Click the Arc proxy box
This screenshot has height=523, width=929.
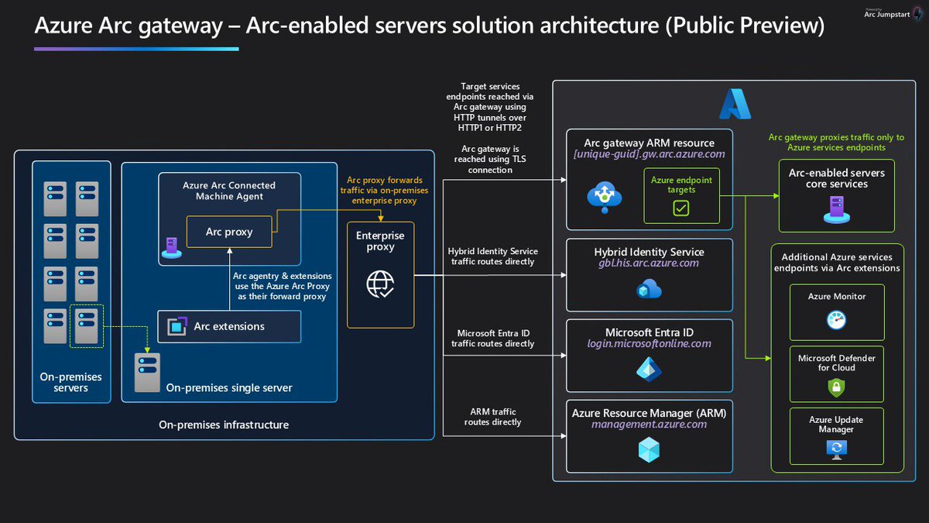click(x=229, y=232)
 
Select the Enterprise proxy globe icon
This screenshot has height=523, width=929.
click(x=380, y=284)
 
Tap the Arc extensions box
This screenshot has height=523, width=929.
click(x=229, y=326)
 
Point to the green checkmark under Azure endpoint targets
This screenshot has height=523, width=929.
click(x=680, y=208)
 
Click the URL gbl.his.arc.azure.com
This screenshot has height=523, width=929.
click(x=649, y=263)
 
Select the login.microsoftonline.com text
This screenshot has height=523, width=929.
click(x=649, y=344)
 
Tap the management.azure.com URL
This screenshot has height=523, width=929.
click(x=649, y=425)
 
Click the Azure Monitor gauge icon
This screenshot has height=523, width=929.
click(x=837, y=320)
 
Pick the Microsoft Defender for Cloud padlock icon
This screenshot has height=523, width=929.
click(x=837, y=387)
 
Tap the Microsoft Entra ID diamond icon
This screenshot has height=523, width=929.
click(x=649, y=369)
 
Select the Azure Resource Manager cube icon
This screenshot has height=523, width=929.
click(x=649, y=450)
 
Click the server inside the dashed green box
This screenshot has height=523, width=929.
click(x=87, y=325)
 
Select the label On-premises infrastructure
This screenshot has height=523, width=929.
click(x=224, y=425)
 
